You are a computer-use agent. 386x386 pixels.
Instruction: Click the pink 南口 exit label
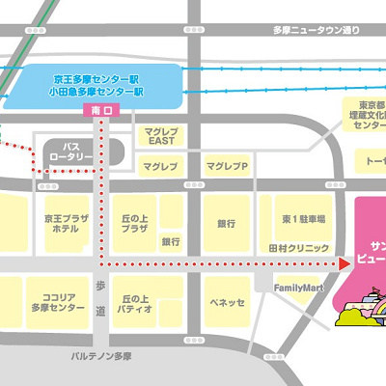101,111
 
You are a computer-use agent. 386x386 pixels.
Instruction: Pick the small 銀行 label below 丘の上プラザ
171,241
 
